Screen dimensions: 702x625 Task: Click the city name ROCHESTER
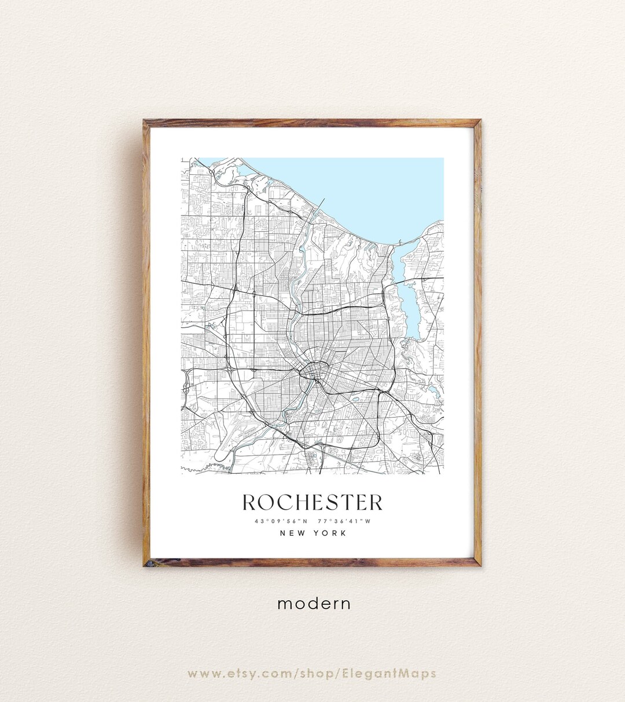click(312, 502)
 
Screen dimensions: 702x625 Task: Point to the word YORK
click(331, 533)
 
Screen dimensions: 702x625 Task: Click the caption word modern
click(314, 604)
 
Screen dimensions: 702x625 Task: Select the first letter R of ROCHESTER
click(249, 502)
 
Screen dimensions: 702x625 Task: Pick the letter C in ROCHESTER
click(287, 502)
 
